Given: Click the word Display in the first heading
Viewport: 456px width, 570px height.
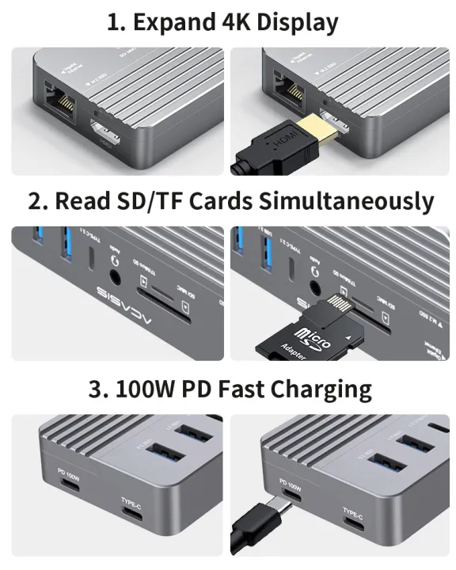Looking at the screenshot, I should coord(294,23).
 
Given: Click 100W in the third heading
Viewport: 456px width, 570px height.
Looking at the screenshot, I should coord(145,389).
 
